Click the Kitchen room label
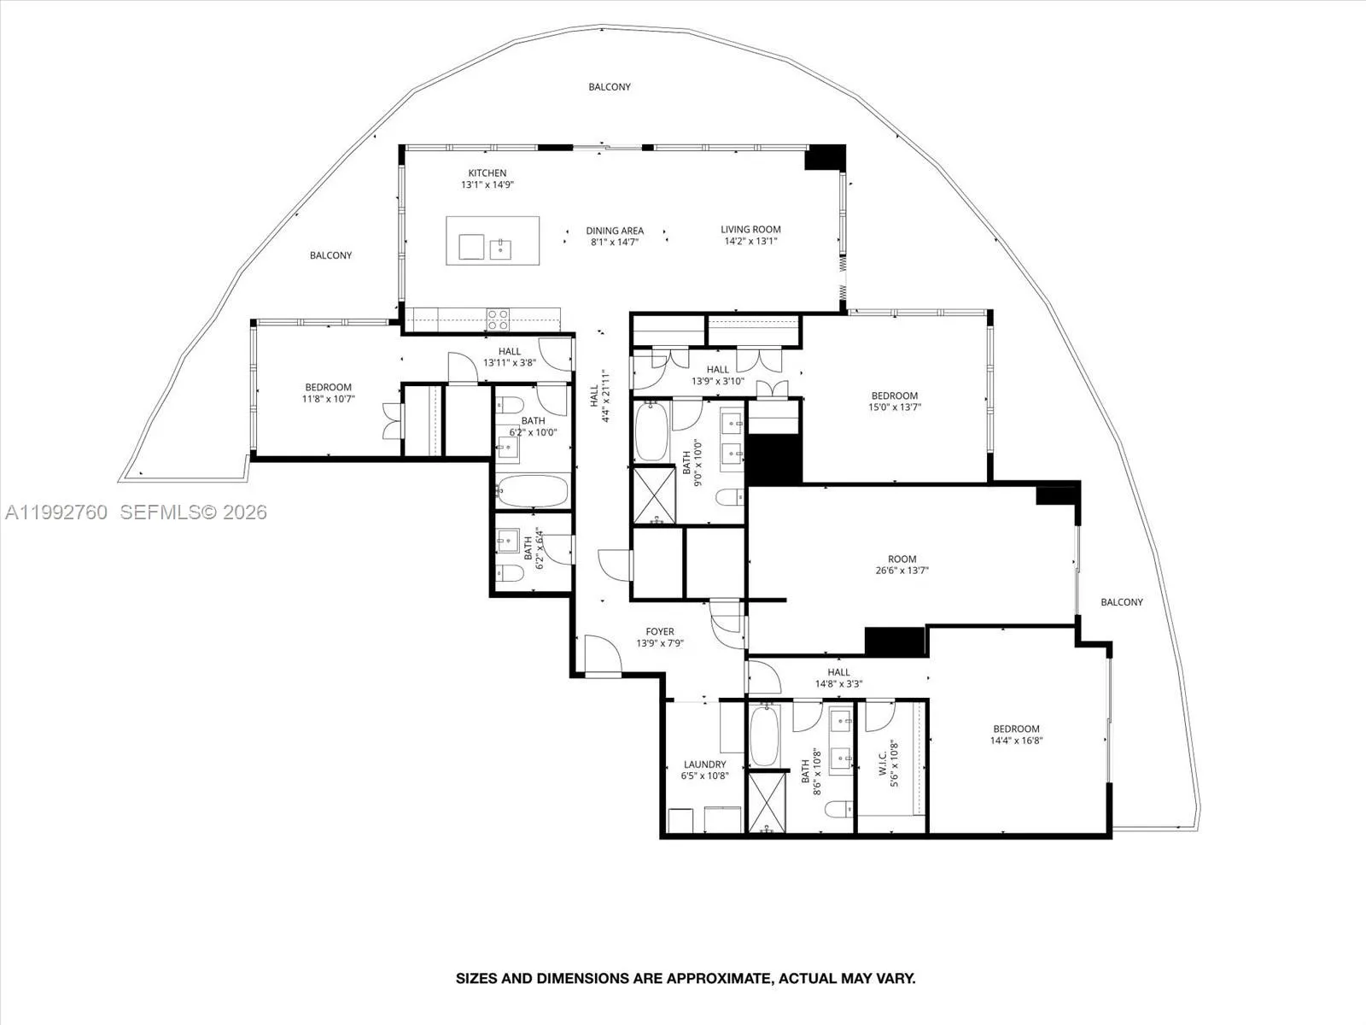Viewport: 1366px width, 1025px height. [x=487, y=173]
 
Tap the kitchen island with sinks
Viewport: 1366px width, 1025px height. [x=493, y=241]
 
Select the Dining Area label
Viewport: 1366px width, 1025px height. [x=615, y=231]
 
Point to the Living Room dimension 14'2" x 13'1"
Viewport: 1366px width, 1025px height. [x=750, y=241]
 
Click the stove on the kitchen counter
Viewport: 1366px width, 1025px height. [x=498, y=319]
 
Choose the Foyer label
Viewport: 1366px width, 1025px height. [x=659, y=632]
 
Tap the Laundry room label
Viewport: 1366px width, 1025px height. [x=704, y=764]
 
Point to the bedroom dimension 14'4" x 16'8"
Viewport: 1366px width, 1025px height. [x=1016, y=741]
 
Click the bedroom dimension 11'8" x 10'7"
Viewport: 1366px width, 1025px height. [x=329, y=399]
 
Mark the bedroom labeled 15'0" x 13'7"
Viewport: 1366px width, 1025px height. [x=895, y=401]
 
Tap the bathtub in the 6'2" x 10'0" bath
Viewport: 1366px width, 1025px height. [x=532, y=492]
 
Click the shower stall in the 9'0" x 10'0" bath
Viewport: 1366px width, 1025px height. [x=653, y=495]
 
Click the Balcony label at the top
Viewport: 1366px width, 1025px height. [x=610, y=86]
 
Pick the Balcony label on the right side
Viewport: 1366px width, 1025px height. [x=1121, y=602]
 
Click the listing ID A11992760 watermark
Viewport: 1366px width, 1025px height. [x=56, y=512]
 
